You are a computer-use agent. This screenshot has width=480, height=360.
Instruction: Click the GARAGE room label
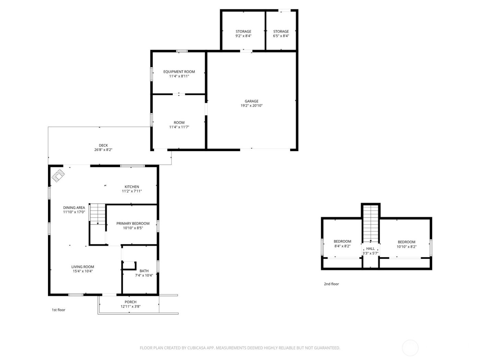[251, 101]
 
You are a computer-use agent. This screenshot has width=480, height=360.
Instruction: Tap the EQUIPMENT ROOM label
[179, 72]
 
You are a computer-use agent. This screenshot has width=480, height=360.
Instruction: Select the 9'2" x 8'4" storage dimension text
[243, 36]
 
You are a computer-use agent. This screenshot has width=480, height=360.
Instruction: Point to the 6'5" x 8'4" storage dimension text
[281, 36]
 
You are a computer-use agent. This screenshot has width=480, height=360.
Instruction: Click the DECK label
[103, 145]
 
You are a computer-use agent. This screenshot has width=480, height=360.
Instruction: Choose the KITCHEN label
[132, 187]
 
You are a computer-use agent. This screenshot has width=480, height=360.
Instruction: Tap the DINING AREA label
[74, 207]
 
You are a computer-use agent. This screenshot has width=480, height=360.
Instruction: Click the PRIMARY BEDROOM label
[133, 224]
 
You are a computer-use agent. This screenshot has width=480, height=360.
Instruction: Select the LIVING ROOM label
[83, 267]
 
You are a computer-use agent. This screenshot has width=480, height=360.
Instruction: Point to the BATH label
[144, 271]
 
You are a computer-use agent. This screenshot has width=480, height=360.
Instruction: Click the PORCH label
[130, 302]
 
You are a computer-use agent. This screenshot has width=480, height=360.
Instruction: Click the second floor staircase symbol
[371, 223]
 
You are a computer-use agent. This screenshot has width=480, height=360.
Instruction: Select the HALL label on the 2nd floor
[370, 249]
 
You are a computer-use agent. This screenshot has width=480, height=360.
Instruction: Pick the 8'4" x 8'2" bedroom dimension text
[342, 246]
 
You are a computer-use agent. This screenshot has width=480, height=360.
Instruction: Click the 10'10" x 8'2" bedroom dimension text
[406, 247]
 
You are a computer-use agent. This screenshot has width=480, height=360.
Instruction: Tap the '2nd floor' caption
[331, 284]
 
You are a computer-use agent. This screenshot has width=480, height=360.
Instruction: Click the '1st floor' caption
[58, 310]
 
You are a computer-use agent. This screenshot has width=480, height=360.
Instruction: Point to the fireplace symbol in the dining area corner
[58, 176]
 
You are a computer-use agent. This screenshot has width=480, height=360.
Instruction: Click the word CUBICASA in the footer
[196, 348]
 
